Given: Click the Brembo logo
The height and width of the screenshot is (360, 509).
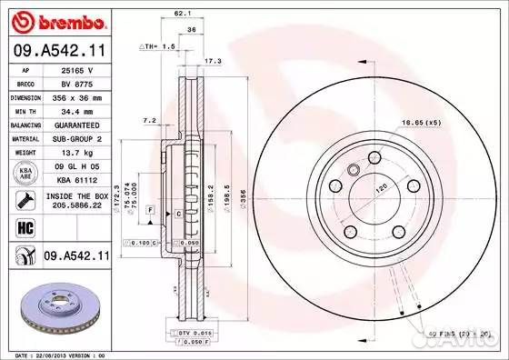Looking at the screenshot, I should (x=55, y=20).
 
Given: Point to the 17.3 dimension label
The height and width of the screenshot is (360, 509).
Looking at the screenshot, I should (x=213, y=61).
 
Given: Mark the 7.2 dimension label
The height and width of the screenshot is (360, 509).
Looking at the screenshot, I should (x=149, y=120).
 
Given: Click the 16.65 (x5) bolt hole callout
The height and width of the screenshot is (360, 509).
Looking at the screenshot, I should (x=420, y=121).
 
